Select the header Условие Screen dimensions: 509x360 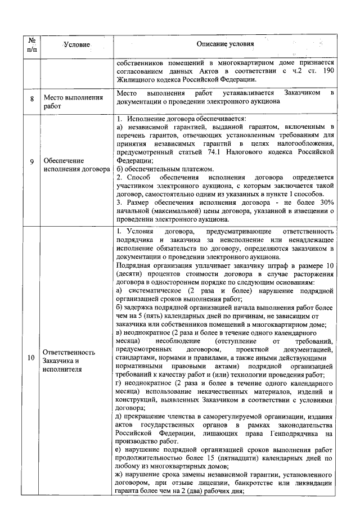76,44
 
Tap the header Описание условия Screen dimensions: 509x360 226,44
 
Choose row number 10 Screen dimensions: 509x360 31,357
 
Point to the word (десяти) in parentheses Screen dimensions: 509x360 129,273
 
